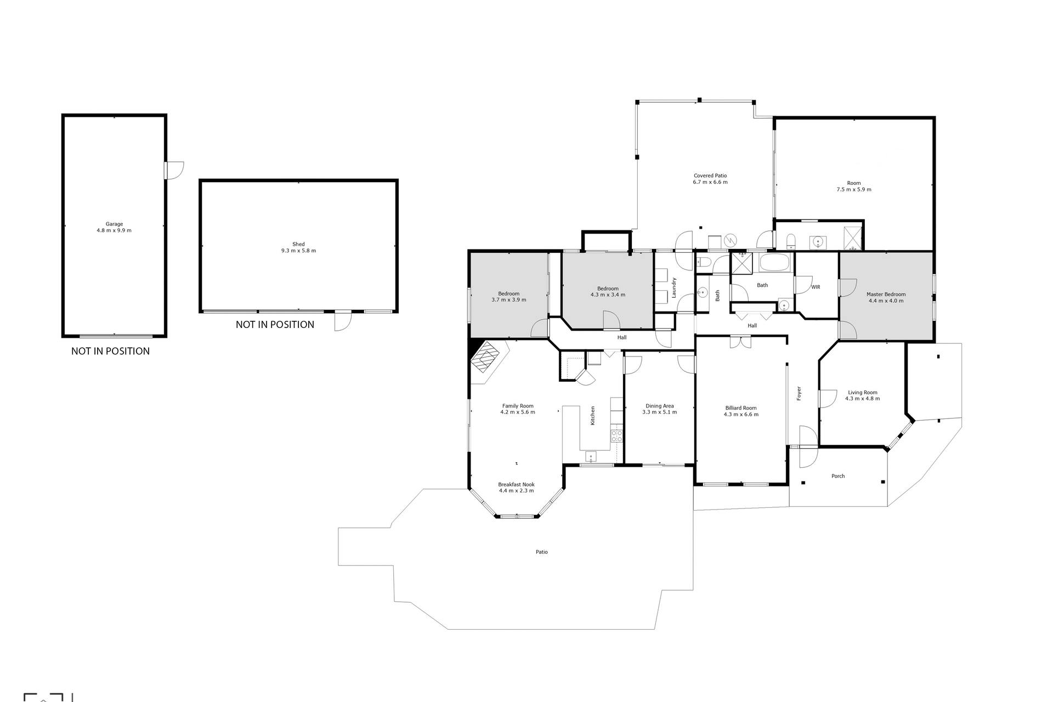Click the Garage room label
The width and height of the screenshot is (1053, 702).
pos(114,224)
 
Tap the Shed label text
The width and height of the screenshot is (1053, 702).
pos(298,244)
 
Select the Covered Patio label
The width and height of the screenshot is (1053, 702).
pos(710,175)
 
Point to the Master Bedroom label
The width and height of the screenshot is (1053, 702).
pos(886,294)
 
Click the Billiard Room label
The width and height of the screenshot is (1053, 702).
pos(741,407)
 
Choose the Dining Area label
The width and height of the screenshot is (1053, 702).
pos(660,406)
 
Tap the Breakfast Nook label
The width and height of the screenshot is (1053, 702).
pos(516,484)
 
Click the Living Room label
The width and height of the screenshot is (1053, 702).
pos(863,392)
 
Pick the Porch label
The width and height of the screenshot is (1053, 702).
pos(838,476)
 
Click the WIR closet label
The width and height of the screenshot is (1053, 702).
pos(816,287)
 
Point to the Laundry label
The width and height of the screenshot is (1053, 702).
pos(674,287)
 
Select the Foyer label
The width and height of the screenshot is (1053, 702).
pos(799,393)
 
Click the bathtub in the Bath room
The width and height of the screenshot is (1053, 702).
pos(774,263)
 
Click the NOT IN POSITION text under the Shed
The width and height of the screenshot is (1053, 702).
pos(275,325)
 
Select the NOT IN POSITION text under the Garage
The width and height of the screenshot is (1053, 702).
pos(110,351)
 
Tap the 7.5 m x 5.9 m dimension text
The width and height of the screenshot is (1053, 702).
pos(853,190)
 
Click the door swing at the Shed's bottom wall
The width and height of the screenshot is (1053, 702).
pos(342,321)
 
